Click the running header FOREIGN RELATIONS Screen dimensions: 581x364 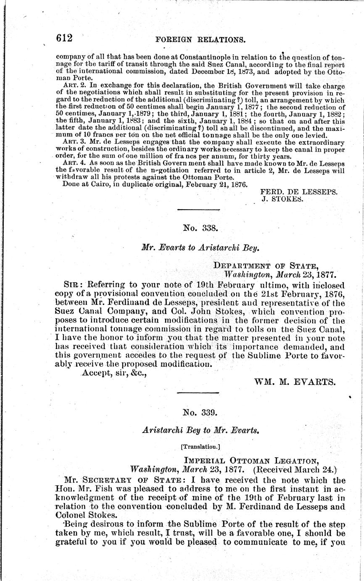point(200,40)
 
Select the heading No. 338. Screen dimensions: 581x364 point(200,228)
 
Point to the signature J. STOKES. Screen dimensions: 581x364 point(282,199)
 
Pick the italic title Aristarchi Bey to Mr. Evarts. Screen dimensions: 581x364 point(200,430)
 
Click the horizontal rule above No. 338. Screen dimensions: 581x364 point(198,210)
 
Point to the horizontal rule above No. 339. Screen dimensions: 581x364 point(198,393)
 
